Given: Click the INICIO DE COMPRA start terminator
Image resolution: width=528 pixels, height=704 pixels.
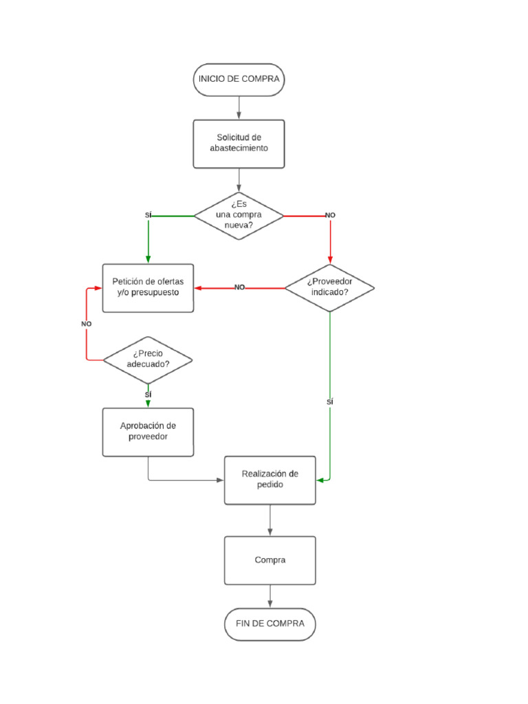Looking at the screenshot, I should point(239,79).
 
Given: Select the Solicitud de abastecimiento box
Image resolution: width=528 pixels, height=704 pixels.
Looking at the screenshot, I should point(239,144).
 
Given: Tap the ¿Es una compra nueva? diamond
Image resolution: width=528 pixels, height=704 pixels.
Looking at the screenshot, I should point(239,216).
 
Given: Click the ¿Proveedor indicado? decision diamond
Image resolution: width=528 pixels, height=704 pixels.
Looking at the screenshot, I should point(330,287).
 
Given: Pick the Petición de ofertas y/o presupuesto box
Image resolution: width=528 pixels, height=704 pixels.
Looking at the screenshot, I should point(148,287).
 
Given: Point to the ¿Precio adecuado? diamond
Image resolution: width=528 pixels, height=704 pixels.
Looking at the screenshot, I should point(148,360).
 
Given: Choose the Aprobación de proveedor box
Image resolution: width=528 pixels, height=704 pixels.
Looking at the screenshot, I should point(148,432).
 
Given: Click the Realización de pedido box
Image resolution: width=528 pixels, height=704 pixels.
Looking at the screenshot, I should point(270,479).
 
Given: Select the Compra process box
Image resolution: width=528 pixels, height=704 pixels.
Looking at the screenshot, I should point(270,560).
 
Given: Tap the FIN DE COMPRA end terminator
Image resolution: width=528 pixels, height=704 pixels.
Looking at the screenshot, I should point(270,624).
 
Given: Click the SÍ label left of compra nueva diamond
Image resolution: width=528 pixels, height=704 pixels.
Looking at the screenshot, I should point(148,216).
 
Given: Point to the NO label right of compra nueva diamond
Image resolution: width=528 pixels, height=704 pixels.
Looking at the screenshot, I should point(330,216).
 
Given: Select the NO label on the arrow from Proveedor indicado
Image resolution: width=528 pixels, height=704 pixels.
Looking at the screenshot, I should point(239,287).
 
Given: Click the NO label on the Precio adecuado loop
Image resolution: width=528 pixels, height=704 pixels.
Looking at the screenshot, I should point(86,324).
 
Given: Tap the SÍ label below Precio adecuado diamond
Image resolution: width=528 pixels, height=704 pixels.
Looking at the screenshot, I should point(148,395).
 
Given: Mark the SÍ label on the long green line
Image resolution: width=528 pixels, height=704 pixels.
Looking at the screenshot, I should point(330,401).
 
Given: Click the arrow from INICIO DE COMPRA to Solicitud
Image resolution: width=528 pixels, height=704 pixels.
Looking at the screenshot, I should point(239,107).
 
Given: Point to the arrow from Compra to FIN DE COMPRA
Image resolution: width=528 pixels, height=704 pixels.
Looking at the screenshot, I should point(270,596).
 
